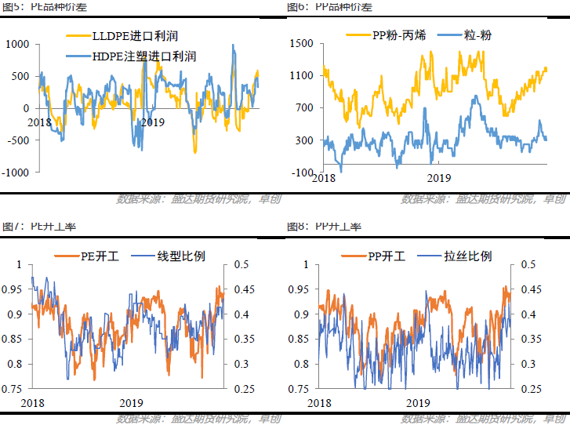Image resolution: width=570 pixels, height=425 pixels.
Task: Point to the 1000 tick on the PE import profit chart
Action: (x=16, y=44)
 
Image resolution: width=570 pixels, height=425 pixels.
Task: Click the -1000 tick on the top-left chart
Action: (x=15, y=173)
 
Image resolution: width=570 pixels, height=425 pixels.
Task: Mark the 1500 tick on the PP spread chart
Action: (x=302, y=44)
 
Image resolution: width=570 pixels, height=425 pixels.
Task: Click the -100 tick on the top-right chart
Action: (x=302, y=173)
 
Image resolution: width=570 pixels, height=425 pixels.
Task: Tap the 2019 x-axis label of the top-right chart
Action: (x=438, y=178)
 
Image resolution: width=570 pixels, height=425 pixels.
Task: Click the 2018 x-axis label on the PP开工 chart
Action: (x=319, y=401)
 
